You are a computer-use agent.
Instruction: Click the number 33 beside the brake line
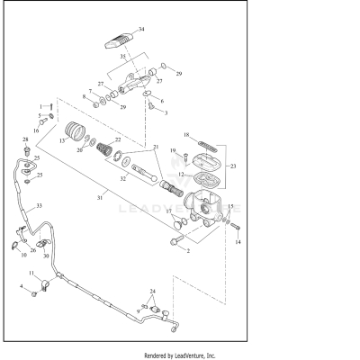[x=38, y=206]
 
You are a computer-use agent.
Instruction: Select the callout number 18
[x=186, y=135]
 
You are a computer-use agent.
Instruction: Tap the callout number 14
[x=238, y=242]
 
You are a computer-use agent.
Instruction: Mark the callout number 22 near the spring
[x=142, y=140]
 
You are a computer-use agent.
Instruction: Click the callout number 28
[x=25, y=139]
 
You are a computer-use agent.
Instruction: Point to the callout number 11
[x=31, y=273]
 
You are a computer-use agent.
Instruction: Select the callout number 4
[x=22, y=287]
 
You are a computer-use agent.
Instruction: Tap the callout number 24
[x=152, y=292]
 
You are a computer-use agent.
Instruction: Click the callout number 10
[x=23, y=255]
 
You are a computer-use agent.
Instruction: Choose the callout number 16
[x=35, y=130]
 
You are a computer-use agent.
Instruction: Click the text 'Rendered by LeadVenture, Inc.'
[x=179, y=354]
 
